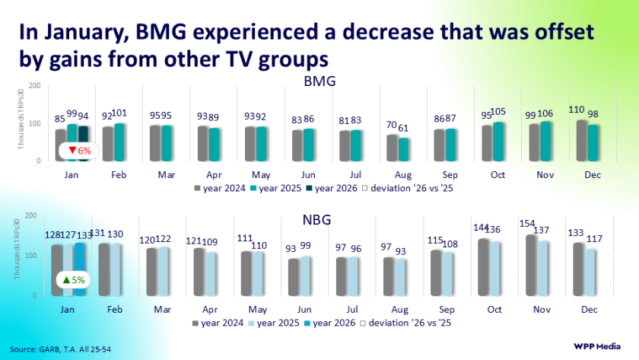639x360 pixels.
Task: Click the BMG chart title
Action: coord(319,81)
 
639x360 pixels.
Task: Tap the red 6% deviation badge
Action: coord(79,151)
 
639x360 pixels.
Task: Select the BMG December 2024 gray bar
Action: coord(582,142)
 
